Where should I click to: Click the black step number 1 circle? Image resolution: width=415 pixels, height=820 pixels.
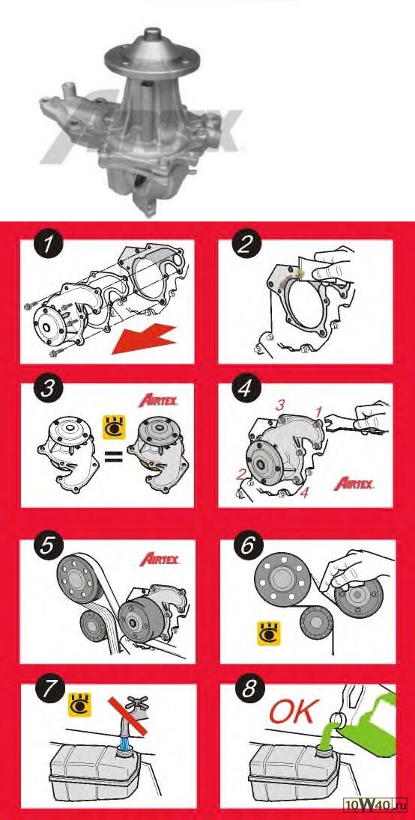[x=48, y=246]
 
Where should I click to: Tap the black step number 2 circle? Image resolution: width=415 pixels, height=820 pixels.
[x=244, y=245]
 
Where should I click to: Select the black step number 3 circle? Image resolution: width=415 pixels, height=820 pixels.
[x=48, y=390]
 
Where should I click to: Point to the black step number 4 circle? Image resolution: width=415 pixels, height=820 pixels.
[x=244, y=390]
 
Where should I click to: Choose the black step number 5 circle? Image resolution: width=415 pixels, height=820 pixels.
[x=48, y=546]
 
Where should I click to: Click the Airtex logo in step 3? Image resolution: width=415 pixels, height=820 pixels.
[x=159, y=401]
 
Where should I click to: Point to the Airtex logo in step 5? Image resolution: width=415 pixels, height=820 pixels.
[x=160, y=559]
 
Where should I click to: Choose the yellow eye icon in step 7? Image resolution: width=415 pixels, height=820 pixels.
[x=79, y=704]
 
